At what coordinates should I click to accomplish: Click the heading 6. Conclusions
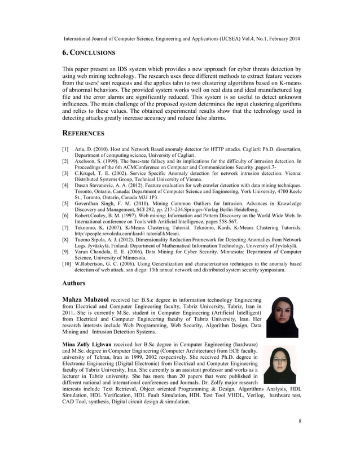coord(89,52)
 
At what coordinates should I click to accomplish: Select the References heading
coord(83,134)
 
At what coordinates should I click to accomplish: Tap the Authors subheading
coord(74,283)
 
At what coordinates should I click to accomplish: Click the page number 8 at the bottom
coord(300,421)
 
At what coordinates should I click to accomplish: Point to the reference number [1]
coord(65,149)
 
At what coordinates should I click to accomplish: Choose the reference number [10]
coord(67,263)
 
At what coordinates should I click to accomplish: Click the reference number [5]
coord(65,202)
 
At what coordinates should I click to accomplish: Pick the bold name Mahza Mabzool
coord(85,299)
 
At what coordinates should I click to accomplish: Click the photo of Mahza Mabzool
coord(282,317)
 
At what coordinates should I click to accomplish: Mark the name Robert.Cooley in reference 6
coord(93,216)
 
